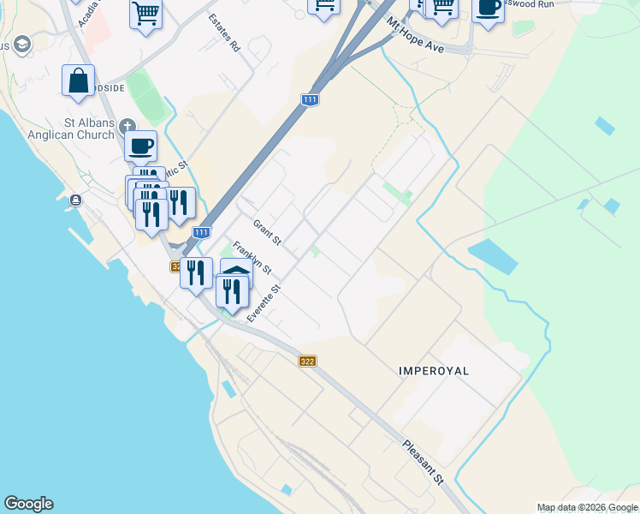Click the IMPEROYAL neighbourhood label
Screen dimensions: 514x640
436,371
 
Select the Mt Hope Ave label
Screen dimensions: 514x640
416,36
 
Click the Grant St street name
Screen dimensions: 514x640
267,232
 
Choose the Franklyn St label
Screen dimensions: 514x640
252,258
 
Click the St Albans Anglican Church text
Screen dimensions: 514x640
83,128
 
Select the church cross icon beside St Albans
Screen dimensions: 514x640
127,123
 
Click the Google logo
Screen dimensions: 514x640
28,504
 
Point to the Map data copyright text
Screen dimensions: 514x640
587,507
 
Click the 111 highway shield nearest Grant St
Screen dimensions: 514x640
201,233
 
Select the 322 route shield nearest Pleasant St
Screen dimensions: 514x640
308,362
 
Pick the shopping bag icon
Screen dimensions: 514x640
78,81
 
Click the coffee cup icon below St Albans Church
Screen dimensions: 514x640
141,146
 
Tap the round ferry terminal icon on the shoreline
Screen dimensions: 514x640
76,200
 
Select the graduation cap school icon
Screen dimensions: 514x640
21,45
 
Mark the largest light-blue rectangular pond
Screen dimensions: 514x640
493,256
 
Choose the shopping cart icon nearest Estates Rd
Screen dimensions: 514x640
146,13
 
